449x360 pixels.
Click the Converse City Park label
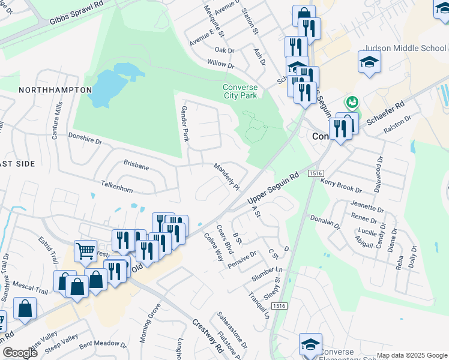240,91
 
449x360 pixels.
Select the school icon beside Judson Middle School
369,61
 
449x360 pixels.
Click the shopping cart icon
85,251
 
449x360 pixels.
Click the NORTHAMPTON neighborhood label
55,90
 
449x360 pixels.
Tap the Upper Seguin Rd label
273,188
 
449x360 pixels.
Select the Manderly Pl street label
227,176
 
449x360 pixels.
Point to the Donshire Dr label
85,139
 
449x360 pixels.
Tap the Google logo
20,353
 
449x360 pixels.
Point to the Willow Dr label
220,63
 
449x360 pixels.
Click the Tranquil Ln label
259,304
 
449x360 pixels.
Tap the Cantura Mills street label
57,121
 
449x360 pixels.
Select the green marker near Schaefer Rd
352,102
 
